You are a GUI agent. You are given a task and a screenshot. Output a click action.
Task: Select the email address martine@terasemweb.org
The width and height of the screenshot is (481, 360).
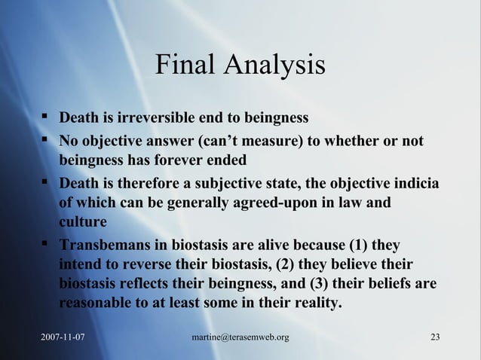click(x=240, y=335)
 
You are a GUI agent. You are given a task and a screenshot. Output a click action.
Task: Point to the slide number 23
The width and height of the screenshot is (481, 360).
click(x=434, y=335)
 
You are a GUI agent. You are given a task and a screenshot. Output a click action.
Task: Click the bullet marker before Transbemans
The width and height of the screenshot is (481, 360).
click(x=47, y=245)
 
